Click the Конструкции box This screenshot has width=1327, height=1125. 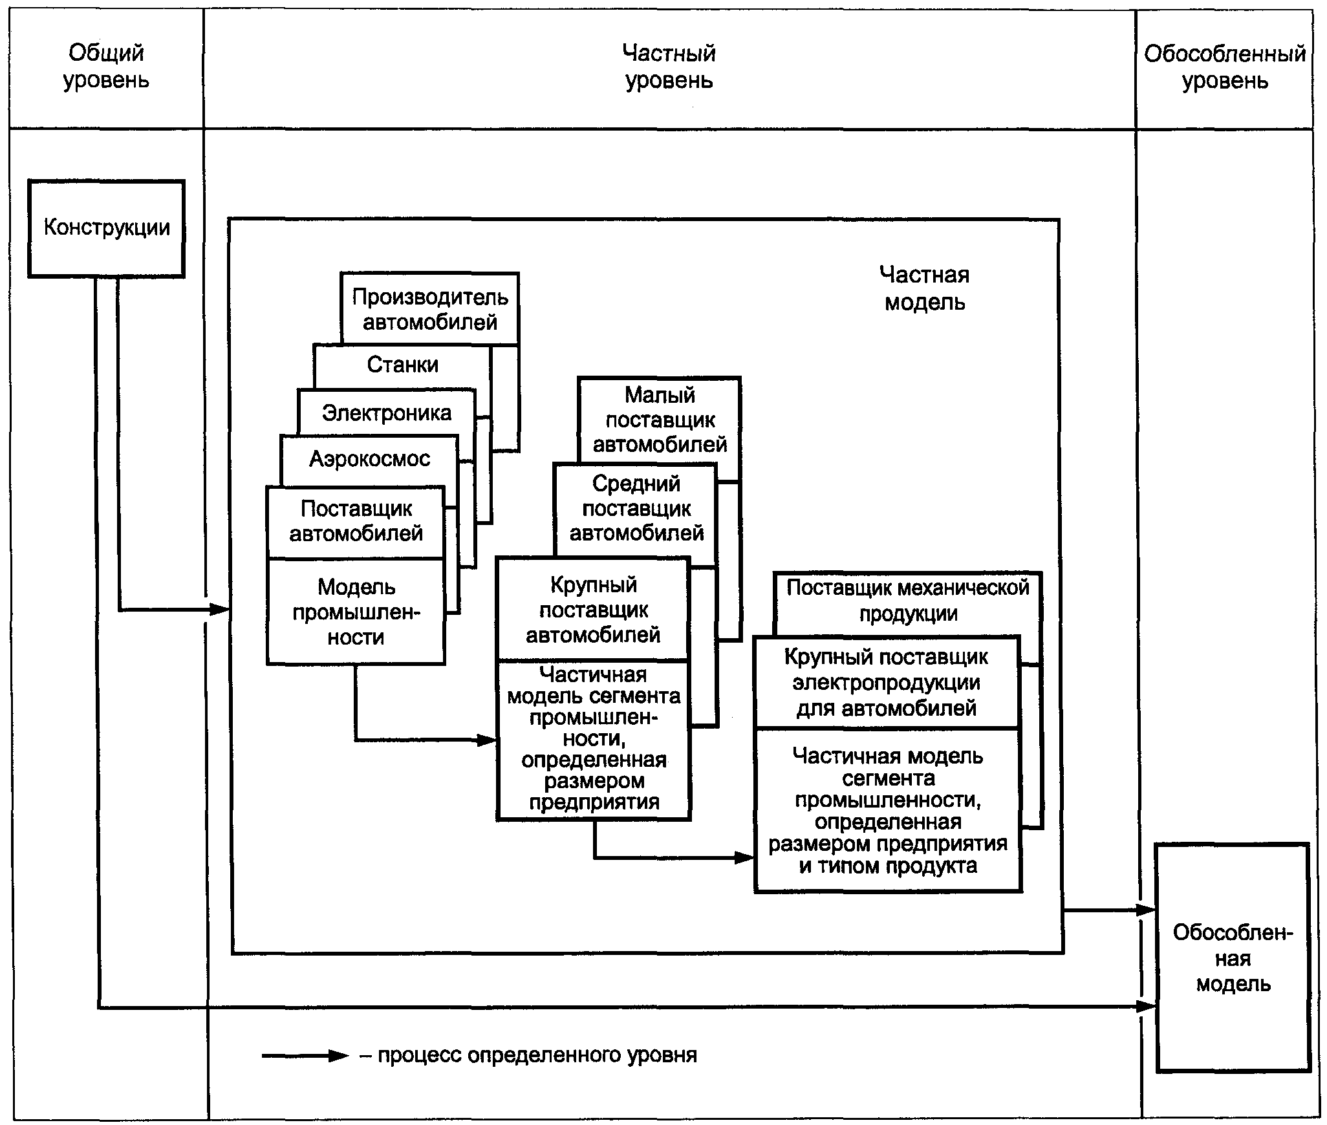(106, 228)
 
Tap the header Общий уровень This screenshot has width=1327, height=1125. (106, 67)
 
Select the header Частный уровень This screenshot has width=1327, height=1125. (669, 67)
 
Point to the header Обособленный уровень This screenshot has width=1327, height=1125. (1225, 67)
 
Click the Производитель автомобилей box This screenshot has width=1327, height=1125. (430, 309)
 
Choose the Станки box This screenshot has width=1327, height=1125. (402, 365)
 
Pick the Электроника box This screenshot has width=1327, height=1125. (386, 412)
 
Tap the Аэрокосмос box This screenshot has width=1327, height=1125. (369, 459)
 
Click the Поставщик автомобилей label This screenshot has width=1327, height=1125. (356, 521)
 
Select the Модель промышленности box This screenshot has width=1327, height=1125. (356, 612)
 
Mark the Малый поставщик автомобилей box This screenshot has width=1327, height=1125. (660, 420)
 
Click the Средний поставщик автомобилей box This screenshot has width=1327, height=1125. (636, 508)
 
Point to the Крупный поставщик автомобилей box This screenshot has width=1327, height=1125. (593, 610)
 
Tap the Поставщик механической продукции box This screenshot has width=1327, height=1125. (907, 601)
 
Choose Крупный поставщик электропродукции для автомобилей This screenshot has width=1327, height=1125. (886, 683)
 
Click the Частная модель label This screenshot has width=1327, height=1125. (924, 288)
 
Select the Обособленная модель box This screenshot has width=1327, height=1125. (1233, 958)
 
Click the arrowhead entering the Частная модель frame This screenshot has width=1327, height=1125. (221, 609)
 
